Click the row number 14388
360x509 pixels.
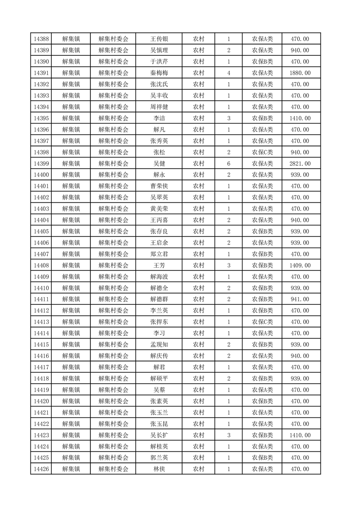41,39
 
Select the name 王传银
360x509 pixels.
159,39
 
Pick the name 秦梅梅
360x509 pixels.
159,73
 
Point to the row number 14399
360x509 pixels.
41,164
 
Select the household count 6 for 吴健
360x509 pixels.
228,164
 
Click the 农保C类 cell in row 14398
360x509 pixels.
262,152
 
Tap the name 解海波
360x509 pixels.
159,277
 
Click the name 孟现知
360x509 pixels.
159,345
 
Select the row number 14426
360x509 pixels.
41,469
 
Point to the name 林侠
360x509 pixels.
159,469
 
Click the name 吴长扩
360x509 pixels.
159,435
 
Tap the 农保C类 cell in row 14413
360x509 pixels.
262,322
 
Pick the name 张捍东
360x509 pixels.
159,322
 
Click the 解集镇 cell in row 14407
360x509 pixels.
71,254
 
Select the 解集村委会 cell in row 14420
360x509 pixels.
113,401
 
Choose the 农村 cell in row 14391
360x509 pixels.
198,73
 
